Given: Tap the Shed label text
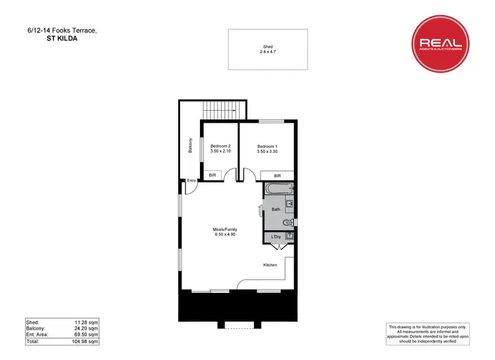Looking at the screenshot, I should point(267,46).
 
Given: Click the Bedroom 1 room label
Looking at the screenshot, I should point(267,146).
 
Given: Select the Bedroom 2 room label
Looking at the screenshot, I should point(220,146).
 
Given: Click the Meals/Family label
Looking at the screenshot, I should point(224,229).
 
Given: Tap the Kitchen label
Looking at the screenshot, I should point(270,265).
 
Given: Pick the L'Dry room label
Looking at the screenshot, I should point(276,236).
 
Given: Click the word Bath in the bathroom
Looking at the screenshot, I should point(276,209).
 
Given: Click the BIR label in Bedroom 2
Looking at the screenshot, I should point(213,175).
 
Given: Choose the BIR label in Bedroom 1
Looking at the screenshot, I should point(277,175).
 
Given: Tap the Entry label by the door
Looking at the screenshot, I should point(191,181).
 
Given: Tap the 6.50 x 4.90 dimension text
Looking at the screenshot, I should point(225,235).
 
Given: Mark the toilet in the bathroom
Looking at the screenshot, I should point(288,222).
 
